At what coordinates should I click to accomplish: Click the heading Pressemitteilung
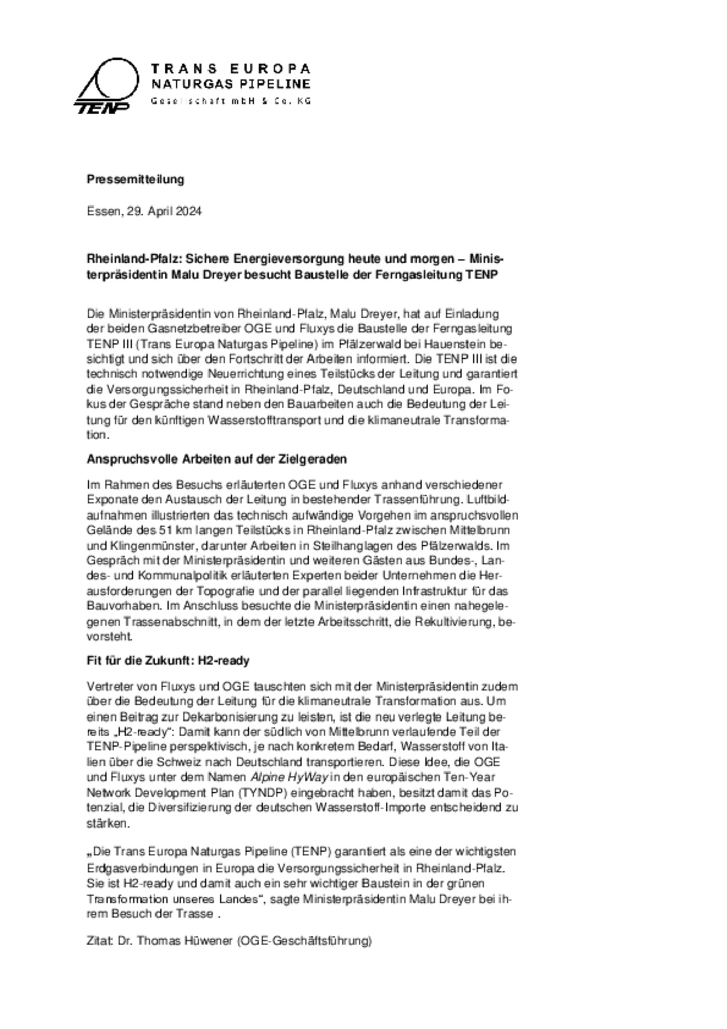pos(135,179)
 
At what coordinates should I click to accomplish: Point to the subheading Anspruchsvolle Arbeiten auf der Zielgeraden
pos(217,459)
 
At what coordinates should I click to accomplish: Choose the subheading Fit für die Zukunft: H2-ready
pos(168,661)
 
